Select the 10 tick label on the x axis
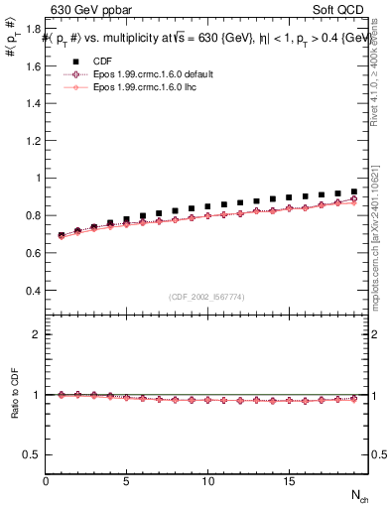point(207,481)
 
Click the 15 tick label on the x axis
point(288,481)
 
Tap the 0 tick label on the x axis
point(46,481)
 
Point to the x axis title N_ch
point(359,494)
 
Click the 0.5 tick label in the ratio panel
point(34,454)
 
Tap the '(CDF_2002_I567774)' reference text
point(206,298)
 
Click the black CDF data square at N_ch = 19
point(353,191)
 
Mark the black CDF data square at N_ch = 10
point(207,206)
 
